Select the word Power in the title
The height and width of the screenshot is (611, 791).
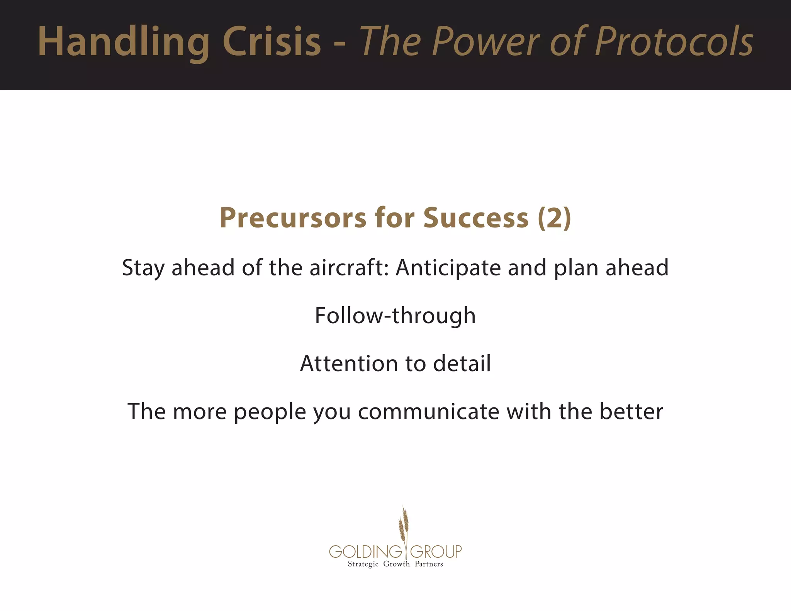487,42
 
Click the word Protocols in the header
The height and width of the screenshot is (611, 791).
674,42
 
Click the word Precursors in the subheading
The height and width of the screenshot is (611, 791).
292,218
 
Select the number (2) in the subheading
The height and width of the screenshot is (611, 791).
554,218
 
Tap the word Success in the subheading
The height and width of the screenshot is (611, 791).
475,218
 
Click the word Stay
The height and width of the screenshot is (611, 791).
143,268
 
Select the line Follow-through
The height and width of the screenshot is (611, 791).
395,316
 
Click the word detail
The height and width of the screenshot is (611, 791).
462,364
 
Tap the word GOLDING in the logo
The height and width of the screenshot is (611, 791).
365,552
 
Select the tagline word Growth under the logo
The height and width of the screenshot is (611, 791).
396,564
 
